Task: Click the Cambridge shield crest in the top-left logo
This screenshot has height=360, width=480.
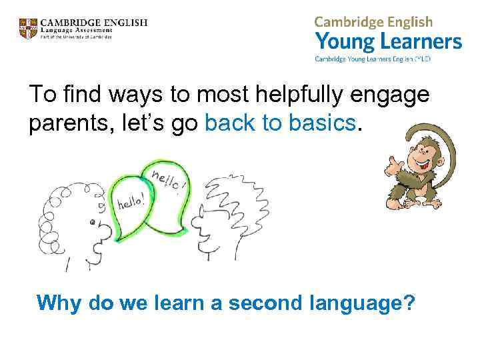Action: [28, 29]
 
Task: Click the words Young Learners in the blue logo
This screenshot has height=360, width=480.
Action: [388, 42]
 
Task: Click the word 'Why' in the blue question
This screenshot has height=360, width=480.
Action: [59, 304]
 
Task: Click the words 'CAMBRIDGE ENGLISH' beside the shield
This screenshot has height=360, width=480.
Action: [93, 22]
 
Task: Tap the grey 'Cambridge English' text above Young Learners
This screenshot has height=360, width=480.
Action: [373, 21]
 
